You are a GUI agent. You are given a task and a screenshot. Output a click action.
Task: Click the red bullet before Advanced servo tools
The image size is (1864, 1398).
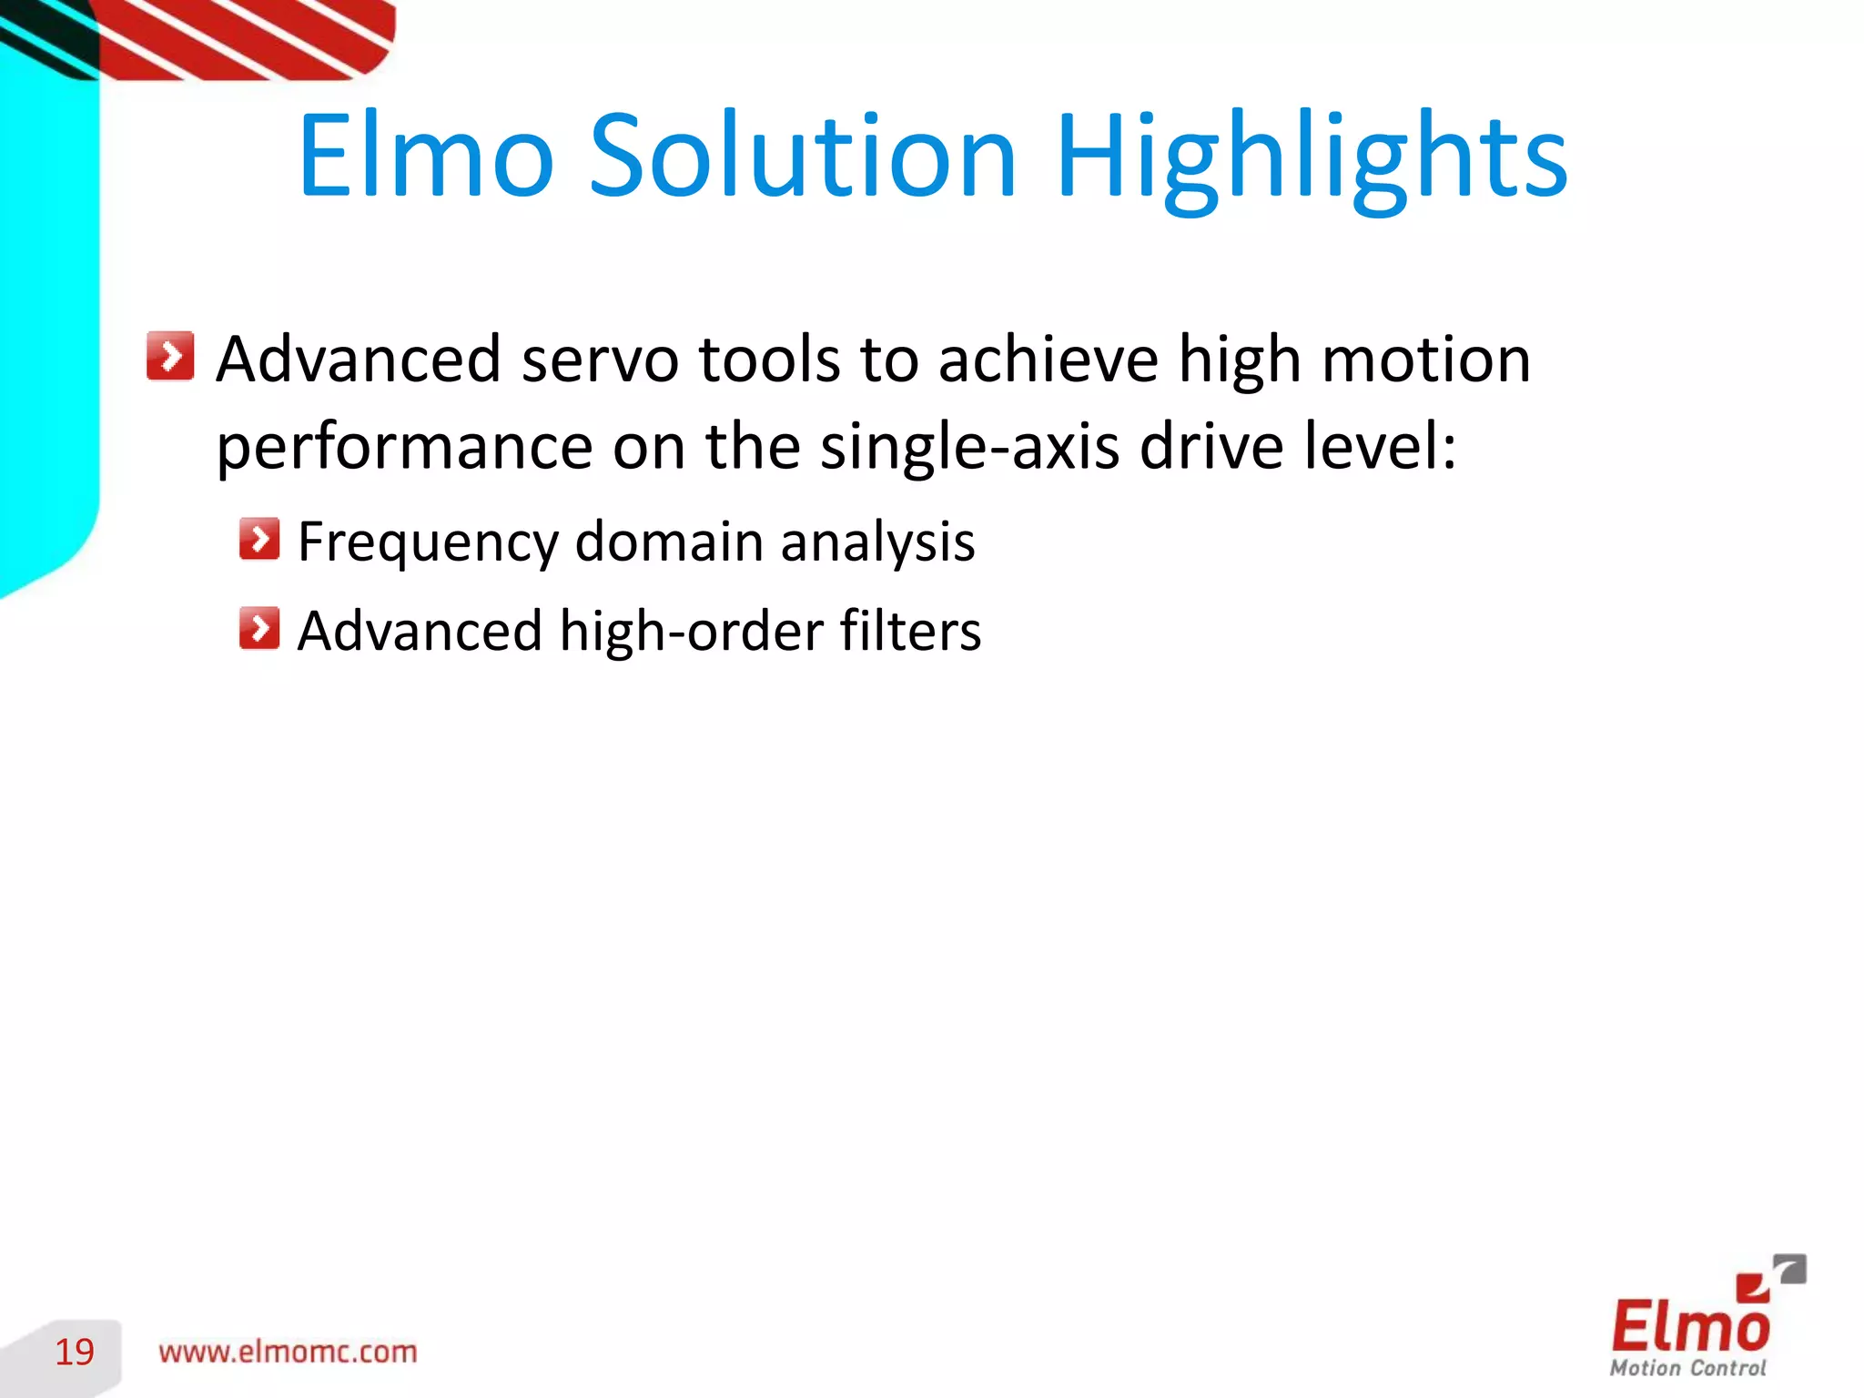170,355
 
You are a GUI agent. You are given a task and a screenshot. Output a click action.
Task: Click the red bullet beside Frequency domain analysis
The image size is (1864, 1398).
259,539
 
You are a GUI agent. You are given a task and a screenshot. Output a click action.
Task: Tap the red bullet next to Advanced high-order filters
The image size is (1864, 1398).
259,628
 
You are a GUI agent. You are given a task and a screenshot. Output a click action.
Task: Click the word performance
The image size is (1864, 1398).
404,448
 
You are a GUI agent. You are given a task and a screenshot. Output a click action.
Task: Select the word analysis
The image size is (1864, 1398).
877,543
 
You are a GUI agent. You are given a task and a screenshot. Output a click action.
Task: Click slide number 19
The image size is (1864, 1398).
75,1352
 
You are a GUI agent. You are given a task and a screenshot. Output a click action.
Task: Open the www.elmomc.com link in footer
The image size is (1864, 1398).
288,1352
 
